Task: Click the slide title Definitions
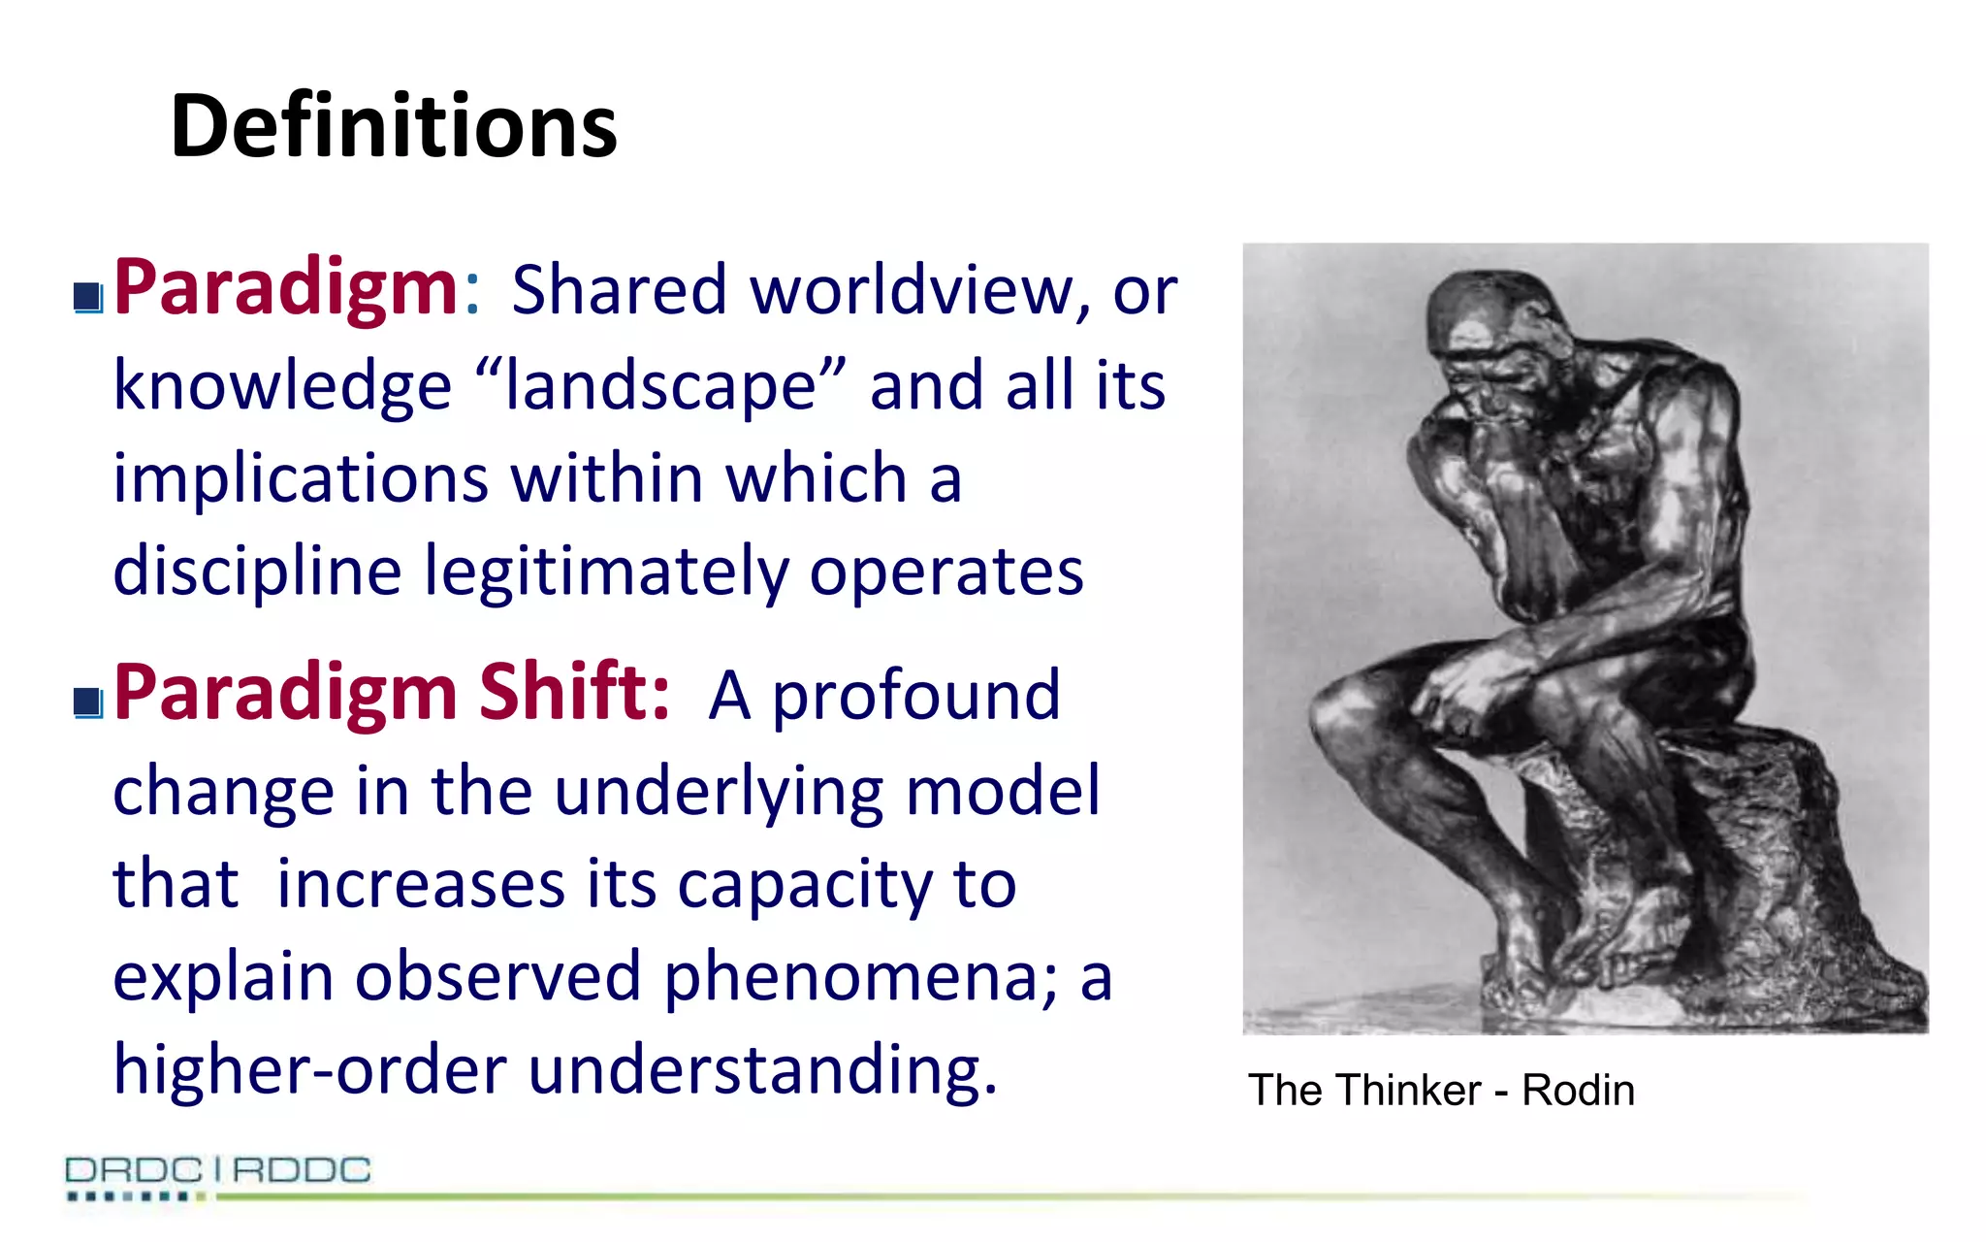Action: (x=393, y=126)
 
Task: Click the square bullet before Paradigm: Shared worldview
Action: (x=88, y=297)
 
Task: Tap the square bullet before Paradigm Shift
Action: (x=88, y=702)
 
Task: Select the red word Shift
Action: (x=573, y=691)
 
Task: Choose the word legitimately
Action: (x=606, y=572)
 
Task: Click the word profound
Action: (x=916, y=696)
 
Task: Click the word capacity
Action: (x=805, y=885)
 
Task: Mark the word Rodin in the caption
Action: (x=1578, y=1091)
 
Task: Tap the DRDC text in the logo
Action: (x=134, y=1170)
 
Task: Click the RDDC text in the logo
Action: (x=302, y=1170)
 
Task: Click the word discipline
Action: (x=257, y=572)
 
